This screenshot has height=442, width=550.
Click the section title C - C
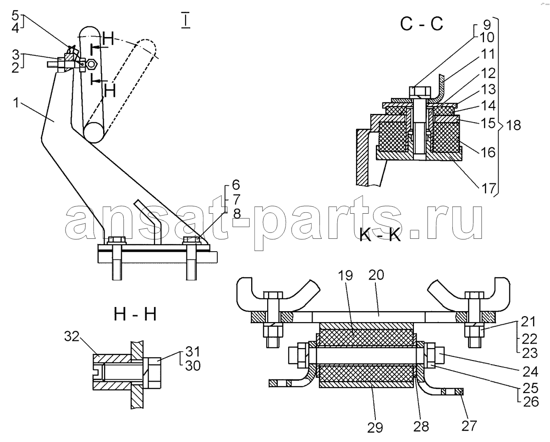tap(422, 24)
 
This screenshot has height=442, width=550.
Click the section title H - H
tap(135, 314)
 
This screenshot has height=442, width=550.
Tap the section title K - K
tap(380, 235)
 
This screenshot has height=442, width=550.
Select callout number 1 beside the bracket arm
tap(16, 103)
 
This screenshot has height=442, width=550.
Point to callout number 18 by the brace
tap(513, 125)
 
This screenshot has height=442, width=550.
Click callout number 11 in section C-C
tap(487, 54)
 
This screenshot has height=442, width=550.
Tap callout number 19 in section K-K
tap(345, 275)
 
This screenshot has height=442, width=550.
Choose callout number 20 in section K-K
tap(376, 275)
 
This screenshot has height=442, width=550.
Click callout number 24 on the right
tap(530, 372)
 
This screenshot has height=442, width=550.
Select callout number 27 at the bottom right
tap(469, 426)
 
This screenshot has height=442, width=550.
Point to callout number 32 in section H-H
tap(72, 336)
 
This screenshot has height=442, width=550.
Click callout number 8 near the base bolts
tap(237, 214)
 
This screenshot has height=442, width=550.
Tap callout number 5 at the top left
tap(15, 16)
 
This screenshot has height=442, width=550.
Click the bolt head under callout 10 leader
tap(420, 92)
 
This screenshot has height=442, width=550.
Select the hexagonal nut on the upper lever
tap(91, 64)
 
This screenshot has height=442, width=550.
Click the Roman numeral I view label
tap(186, 20)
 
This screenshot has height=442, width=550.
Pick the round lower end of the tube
tap(94, 132)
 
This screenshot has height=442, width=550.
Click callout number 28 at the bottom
tap(421, 426)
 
